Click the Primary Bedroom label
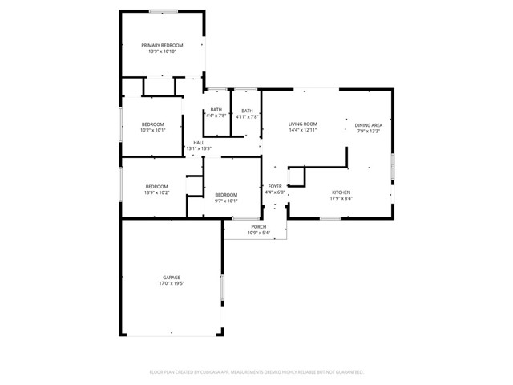tap(162, 45)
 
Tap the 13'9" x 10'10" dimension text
tap(162, 51)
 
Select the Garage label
tap(172, 278)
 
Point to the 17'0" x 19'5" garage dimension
tap(172, 284)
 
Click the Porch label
tap(258, 227)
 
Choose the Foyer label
tap(275, 186)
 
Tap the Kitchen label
tap(341, 192)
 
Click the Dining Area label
tap(369, 125)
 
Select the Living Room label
tap(304, 124)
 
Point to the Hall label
tap(199, 143)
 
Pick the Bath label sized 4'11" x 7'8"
tap(247, 111)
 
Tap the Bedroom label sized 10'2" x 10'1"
tap(153, 124)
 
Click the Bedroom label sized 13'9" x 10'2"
tap(156, 187)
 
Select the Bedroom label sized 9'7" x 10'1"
tap(226, 194)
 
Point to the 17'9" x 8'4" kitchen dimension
tap(341, 199)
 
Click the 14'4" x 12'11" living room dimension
tap(304, 130)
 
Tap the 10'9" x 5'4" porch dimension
tap(258, 233)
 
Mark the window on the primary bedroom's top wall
tap(163, 10)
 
